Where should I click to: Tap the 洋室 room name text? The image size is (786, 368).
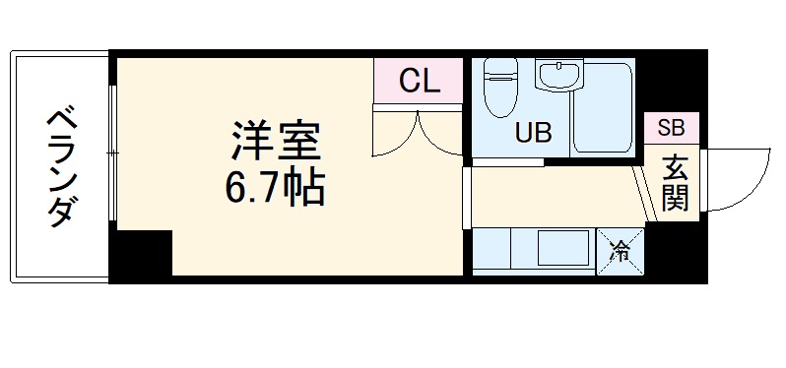(277, 142)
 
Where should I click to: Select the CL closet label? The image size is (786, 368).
(419, 82)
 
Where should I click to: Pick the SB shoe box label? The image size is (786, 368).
(671, 127)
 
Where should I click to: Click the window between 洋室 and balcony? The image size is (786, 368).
(113, 153)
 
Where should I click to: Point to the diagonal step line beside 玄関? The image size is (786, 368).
(645, 192)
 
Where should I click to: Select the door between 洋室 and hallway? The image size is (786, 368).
(467, 197)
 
